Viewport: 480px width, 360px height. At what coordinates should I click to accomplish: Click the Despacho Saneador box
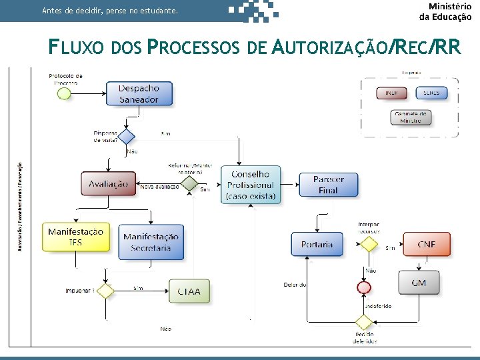tap(139, 93)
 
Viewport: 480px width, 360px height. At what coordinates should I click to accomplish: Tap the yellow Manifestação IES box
tap(75, 237)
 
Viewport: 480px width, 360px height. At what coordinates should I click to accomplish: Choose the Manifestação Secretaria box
tap(151, 242)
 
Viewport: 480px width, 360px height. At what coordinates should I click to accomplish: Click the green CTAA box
tap(193, 291)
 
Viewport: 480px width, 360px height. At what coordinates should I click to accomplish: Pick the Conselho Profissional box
tap(250, 185)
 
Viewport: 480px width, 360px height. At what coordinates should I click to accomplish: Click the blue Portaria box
tap(317, 244)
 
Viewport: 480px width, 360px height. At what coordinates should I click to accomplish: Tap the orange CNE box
tap(426, 245)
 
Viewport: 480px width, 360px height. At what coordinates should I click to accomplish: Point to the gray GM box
tap(419, 283)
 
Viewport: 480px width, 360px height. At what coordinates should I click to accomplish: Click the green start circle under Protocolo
tap(64, 93)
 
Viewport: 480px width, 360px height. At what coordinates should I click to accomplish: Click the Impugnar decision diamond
tap(105, 291)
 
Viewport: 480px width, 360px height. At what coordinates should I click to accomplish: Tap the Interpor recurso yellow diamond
tap(369, 244)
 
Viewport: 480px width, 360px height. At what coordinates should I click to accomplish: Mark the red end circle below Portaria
tap(363, 287)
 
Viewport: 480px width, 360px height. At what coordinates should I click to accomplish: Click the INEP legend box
tap(391, 93)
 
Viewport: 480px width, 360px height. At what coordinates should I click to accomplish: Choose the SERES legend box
tap(431, 93)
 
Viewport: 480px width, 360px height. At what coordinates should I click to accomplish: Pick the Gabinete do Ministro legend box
tap(411, 117)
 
